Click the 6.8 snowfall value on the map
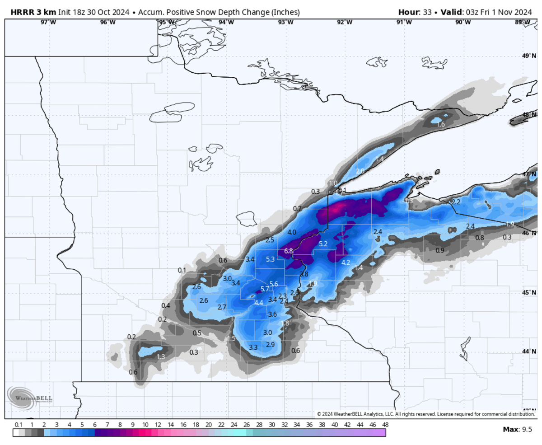(x=289, y=251)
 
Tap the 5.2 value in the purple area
(x=323, y=244)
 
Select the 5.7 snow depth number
(x=265, y=289)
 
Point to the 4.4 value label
(x=259, y=303)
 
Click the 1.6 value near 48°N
(x=441, y=124)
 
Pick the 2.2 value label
(x=456, y=201)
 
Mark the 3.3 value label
(x=253, y=347)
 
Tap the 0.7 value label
(x=297, y=208)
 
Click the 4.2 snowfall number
(x=346, y=262)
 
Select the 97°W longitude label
(x=48, y=22)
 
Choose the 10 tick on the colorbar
(x=145, y=425)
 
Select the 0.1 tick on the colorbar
(x=19, y=425)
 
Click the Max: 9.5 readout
(x=518, y=429)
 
